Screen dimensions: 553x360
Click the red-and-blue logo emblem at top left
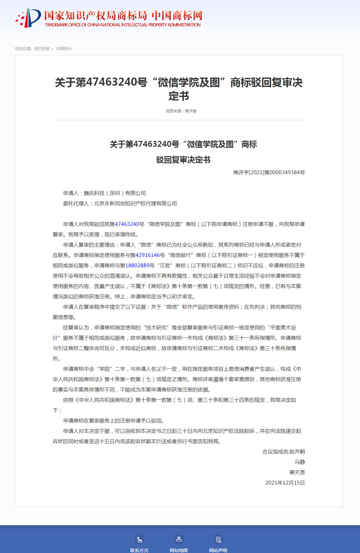pyautogui.click(x=28, y=18)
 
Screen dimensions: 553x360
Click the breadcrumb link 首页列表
pyautogui.click(x=42, y=49)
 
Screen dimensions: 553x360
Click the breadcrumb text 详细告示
pyautogui.click(x=64, y=49)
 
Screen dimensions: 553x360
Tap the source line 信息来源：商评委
pyautogui.click(x=181, y=111)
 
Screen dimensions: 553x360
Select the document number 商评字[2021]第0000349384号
pyautogui.click(x=269, y=173)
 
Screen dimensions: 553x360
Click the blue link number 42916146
pyautogui.click(x=147, y=255)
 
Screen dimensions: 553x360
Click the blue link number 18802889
pyautogui.click(x=137, y=266)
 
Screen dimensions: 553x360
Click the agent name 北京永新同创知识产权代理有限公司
pyautogui.click(x=136, y=204)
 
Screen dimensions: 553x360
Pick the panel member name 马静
pyautogui.click(x=300, y=462)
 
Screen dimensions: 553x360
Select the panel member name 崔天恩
pyautogui.click(x=297, y=473)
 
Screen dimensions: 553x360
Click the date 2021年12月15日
pyautogui.click(x=285, y=483)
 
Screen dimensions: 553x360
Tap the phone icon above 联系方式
pyautogui.click(x=139, y=539)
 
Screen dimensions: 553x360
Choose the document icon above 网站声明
pyautogui.click(x=218, y=539)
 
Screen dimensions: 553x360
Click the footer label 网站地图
pyautogui.click(x=179, y=550)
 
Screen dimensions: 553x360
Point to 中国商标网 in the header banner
pyautogui.click(x=177, y=15)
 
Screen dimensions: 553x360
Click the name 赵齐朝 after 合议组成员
pyautogui.click(x=297, y=452)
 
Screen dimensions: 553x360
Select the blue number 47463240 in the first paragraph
pyautogui.click(x=127, y=224)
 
